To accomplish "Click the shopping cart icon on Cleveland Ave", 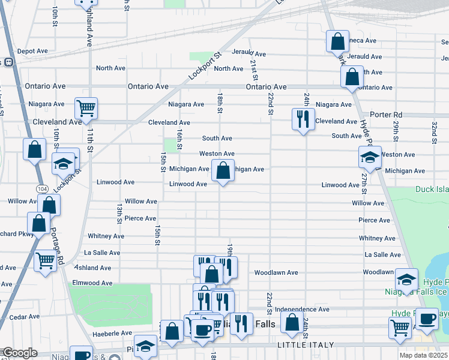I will (86, 109).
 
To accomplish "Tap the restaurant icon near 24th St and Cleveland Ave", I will (303, 118).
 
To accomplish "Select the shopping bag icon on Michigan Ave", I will (223, 170).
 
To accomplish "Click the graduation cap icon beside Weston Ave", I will (370, 157).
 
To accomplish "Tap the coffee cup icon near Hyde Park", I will (427, 319).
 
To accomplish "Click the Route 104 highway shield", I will (41, 188).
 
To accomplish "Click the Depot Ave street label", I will (32, 51).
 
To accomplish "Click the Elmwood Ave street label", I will (92, 283).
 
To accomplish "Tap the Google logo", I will (19, 352).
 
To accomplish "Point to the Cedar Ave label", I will (25, 317).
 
